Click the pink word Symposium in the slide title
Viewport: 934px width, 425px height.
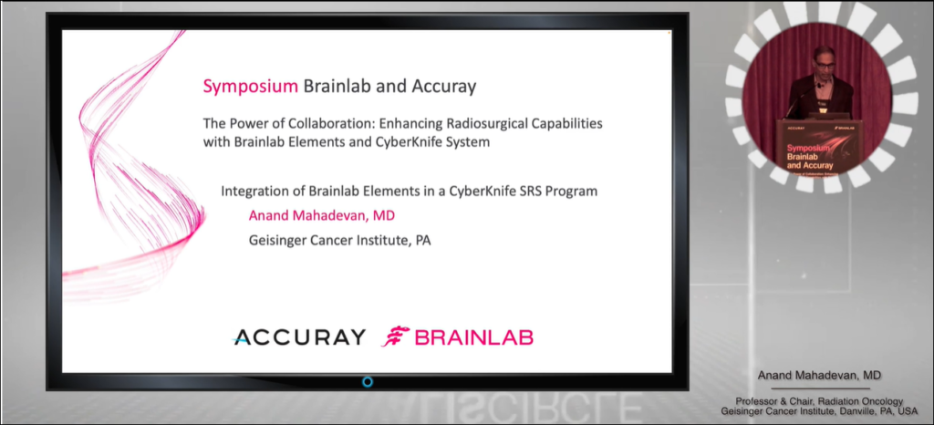point(250,88)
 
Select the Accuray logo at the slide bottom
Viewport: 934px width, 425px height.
point(299,337)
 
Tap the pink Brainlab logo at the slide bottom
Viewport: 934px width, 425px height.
point(458,337)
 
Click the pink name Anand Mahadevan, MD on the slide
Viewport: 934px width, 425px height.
point(322,216)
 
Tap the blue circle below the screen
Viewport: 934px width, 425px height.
point(368,381)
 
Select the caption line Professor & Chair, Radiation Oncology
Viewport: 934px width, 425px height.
point(819,401)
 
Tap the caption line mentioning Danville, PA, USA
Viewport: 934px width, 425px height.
point(819,412)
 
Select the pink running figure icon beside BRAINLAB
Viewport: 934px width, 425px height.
point(396,337)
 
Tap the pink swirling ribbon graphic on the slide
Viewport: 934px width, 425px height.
point(137,164)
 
